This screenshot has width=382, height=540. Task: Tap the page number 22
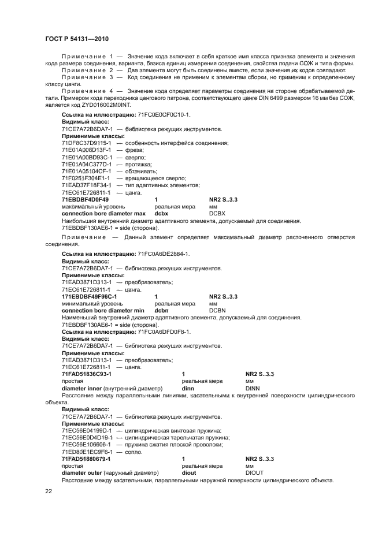pos(49,491)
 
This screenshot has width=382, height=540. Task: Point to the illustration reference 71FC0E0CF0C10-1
pos(165,115)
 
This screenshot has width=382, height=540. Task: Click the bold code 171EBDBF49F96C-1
pos(89,296)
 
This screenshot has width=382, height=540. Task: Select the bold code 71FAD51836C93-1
pos(87,374)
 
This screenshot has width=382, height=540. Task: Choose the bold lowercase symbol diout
pos(189,472)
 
